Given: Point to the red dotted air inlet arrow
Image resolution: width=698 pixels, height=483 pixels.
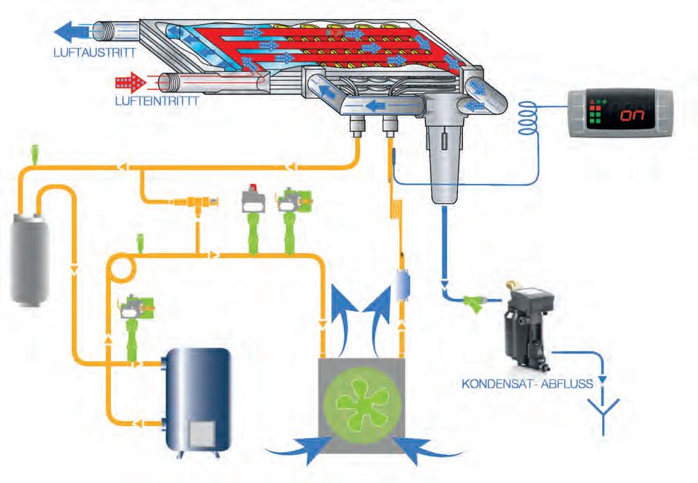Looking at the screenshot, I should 130,82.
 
